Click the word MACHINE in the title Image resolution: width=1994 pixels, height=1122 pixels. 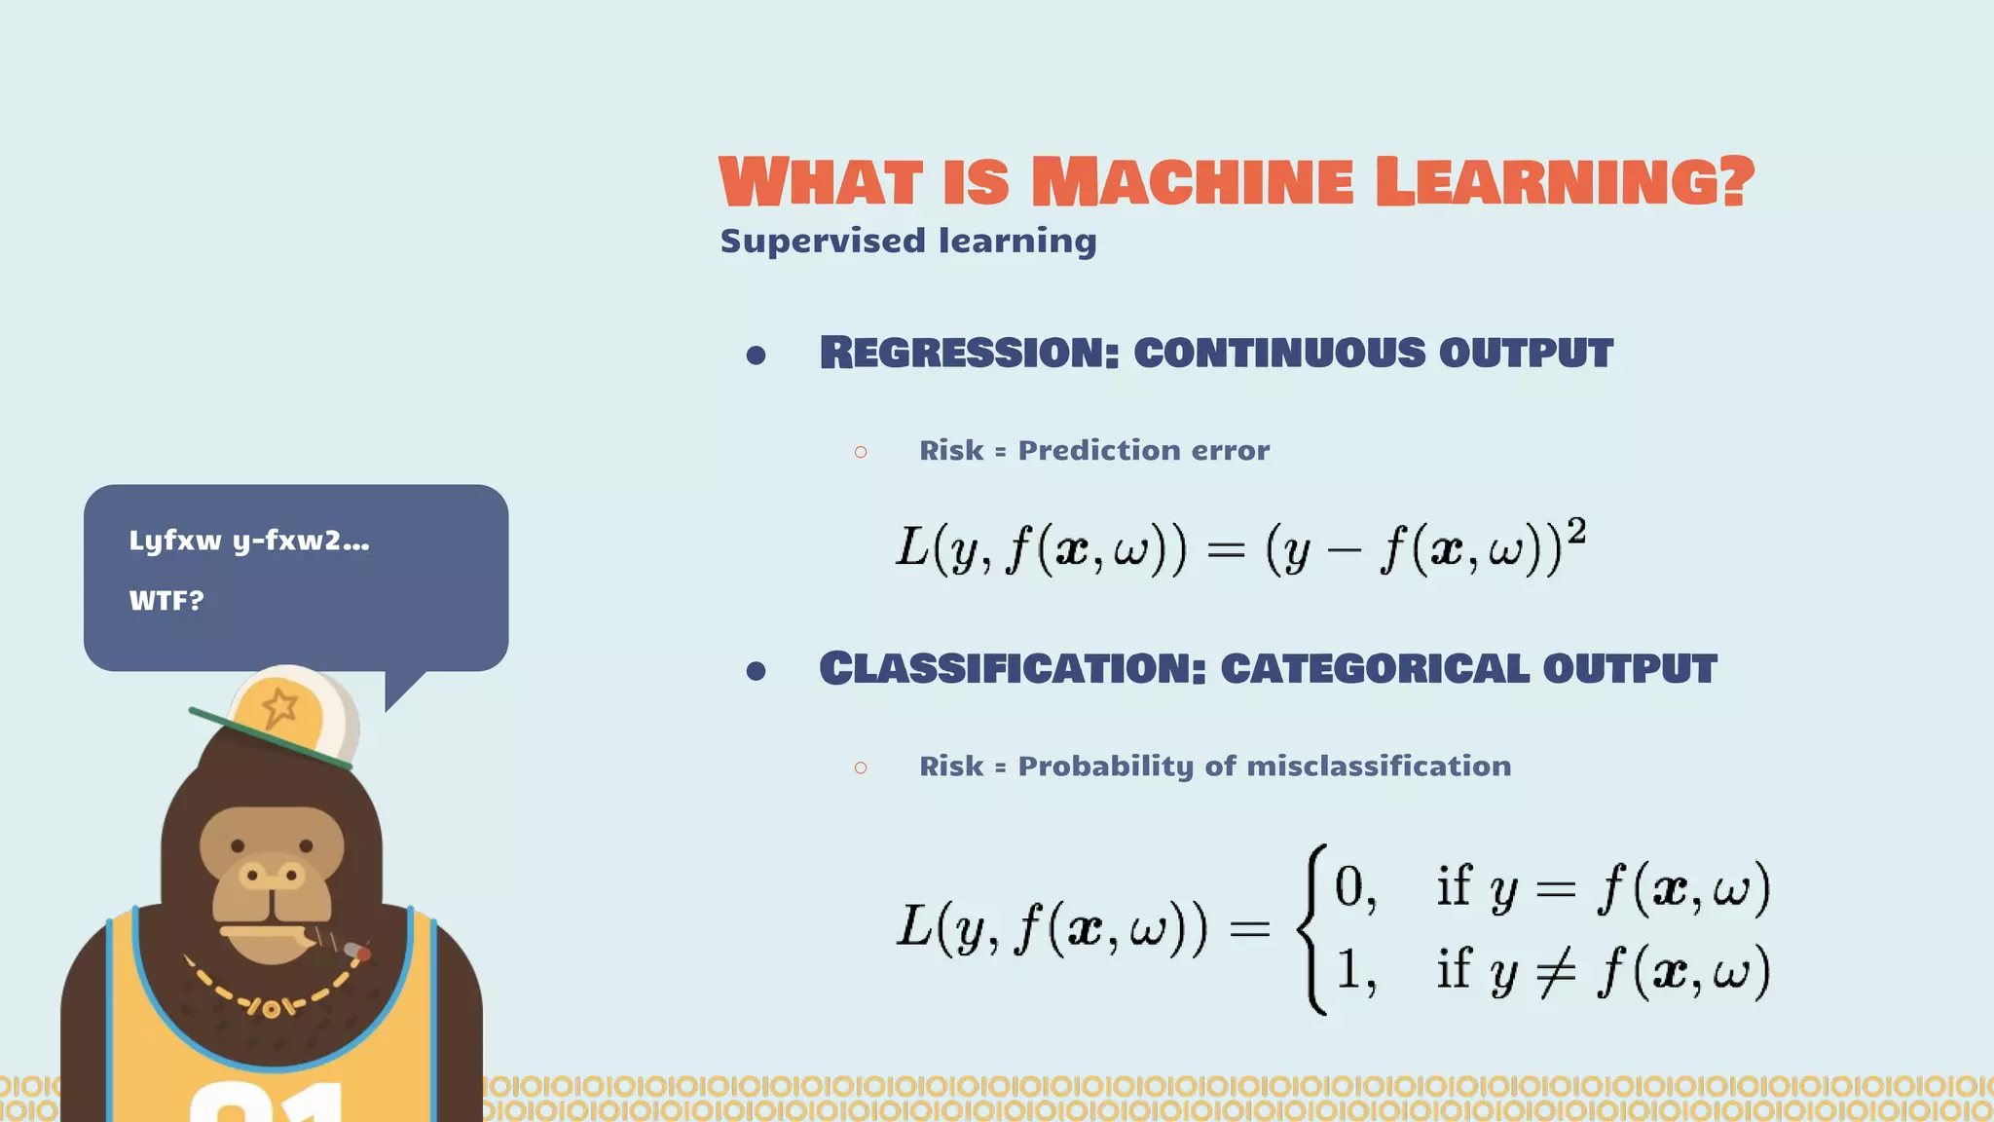[x=1192, y=182]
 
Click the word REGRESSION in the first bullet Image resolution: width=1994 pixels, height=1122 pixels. [x=969, y=353]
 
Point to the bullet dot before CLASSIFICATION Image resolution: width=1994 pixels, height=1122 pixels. [x=756, y=670]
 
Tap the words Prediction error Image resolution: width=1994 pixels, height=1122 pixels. [x=1143, y=450]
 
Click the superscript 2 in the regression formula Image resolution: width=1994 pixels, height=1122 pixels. [x=1576, y=532]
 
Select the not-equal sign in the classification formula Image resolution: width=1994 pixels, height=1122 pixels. [x=1555, y=971]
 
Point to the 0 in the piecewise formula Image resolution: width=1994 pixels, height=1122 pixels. [x=1349, y=887]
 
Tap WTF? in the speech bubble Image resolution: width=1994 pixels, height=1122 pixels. [x=166, y=601]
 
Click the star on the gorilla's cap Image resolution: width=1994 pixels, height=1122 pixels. [x=279, y=706]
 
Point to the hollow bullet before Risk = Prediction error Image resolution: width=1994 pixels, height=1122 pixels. [x=860, y=452]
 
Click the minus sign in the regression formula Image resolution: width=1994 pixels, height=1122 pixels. [x=1343, y=551]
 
